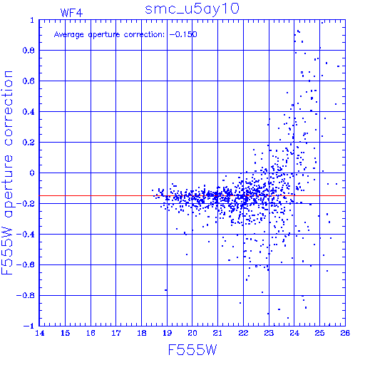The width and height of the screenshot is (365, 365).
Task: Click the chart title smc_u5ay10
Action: [x=192, y=9]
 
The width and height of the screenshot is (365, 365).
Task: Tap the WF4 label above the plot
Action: [x=71, y=13]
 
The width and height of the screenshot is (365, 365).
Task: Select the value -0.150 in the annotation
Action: [x=183, y=34]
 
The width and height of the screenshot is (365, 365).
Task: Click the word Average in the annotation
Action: [x=69, y=35]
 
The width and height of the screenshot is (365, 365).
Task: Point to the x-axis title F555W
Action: [x=192, y=350]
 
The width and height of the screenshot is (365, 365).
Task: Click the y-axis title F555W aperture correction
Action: [x=7, y=173]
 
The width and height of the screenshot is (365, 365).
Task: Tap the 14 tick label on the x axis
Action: [x=40, y=333]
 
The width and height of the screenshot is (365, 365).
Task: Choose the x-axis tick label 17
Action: [x=116, y=333]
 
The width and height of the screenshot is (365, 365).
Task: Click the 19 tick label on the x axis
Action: [x=167, y=333]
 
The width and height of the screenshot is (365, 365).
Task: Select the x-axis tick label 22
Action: [x=243, y=333]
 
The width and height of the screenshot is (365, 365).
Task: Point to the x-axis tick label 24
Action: [x=294, y=333]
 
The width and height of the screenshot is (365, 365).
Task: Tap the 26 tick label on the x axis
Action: [x=345, y=333]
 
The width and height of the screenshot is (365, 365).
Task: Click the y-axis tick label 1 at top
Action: [x=32, y=20]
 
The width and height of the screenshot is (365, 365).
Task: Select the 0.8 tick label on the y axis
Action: [x=29, y=51]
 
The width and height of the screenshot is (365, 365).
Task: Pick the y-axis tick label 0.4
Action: [x=29, y=112]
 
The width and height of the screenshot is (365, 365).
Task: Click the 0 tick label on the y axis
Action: [x=32, y=173]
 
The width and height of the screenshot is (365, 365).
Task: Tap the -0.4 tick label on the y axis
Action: [x=26, y=234]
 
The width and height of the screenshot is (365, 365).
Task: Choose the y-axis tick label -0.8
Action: [x=26, y=295]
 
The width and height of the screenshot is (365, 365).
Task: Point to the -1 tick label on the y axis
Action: [x=29, y=326]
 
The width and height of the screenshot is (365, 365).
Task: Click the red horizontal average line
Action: [x=192, y=195]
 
